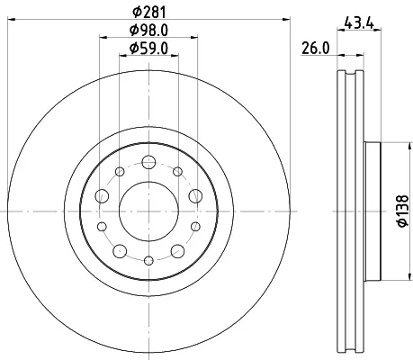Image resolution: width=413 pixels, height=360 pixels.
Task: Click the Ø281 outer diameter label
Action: tap(149, 12)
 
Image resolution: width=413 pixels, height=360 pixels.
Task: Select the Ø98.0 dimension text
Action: tap(148, 30)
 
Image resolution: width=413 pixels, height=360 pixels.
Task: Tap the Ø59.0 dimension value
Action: tap(148, 49)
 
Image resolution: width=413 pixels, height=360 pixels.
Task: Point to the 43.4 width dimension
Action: tap(359, 22)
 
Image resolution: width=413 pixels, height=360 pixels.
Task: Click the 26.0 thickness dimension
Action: tap(316, 49)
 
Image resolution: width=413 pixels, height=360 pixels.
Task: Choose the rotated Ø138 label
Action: tap(402, 211)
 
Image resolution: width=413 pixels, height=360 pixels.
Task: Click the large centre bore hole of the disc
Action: tap(148, 211)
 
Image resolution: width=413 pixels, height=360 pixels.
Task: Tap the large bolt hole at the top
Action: tap(148, 162)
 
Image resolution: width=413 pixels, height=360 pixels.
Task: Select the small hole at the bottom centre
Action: tap(148, 261)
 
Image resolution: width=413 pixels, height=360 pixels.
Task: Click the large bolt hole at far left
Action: tap(102, 196)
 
